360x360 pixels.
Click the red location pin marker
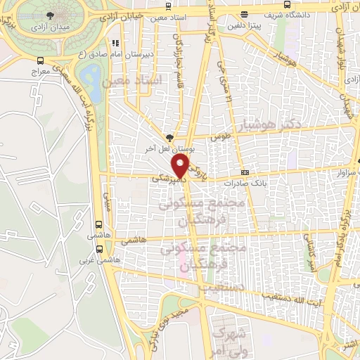(182, 166)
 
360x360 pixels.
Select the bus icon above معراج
(40, 60)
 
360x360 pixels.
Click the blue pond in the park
(90, 74)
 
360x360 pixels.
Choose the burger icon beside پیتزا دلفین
(244, 15)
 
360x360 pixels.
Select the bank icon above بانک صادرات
(244, 172)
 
